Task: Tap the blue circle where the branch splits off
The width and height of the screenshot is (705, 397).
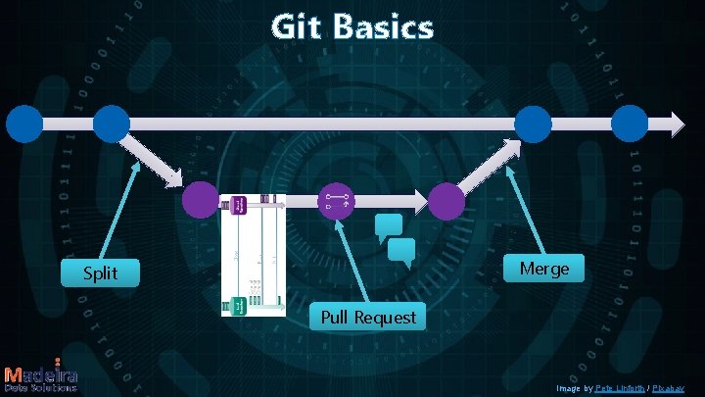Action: click(x=111, y=124)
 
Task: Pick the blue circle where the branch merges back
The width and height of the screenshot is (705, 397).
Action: click(x=533, y=124)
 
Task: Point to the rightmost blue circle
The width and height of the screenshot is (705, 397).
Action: click(x=630, y=124)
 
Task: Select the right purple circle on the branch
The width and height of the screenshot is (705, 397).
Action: click(x=446, y=202)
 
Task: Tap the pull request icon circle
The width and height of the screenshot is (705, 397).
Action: click(x=337, y=201)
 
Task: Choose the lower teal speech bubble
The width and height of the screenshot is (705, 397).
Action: click(x=402, y=254)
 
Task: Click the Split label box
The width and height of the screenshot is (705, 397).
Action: click(x=100, y=273)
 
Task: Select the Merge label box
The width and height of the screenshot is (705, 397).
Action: click(x=543, y=269)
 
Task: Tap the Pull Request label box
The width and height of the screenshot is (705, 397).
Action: click(x=367, y=318)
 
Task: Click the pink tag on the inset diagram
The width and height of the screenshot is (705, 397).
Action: click(x=237, y=205)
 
